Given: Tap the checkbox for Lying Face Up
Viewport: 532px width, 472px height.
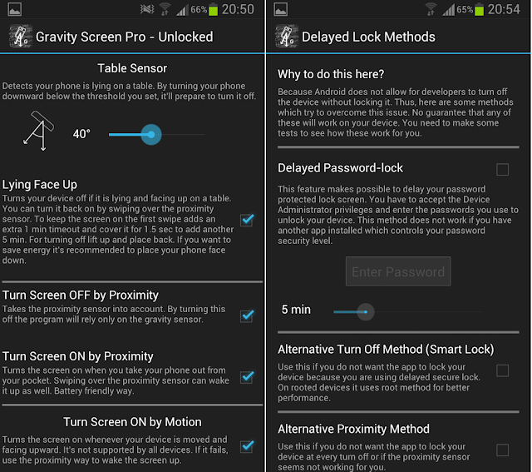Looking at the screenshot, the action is (x=247, y=220).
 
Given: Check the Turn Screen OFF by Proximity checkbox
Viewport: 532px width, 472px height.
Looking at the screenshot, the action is (x=247, y=315).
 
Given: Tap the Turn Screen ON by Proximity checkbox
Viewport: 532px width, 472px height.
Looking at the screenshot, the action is (x=247, y=377).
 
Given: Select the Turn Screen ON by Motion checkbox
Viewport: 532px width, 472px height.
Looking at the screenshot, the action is (x=247, y=446).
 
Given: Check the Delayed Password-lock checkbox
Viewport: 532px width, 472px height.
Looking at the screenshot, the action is (x=502, y=169).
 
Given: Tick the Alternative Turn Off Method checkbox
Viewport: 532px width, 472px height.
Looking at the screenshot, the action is (x=502, y=370).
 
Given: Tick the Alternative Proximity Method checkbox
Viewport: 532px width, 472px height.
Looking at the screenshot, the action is (x=502, y=450).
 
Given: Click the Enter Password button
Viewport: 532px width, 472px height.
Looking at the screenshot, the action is (x=398, y=271).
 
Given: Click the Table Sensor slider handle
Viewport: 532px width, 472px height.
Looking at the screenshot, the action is (x=151, y=135).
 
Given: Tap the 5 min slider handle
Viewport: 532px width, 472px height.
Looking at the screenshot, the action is (x=366, y=311).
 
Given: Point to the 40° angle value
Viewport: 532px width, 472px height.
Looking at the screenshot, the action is (x=81, y=134).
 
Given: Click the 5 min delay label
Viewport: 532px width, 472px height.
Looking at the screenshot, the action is (x=296, y=310).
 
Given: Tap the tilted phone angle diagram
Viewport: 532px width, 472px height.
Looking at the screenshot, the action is (x=38, y=131).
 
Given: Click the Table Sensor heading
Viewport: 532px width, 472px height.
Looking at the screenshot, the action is (x=132, y=68).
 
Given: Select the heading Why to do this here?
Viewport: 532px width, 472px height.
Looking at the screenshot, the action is (x=331, y=74).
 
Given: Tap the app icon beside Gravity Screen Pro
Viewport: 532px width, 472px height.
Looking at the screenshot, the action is (x=20, y=36).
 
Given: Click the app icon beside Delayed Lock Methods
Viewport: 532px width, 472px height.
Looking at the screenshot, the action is (x=286, y=36).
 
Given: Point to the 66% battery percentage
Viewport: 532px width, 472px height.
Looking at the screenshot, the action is (x=199, y=9).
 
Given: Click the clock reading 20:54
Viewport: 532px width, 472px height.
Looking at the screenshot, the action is (x=504, y=9).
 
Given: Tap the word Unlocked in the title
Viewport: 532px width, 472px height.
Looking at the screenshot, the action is (x=185, y=37).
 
